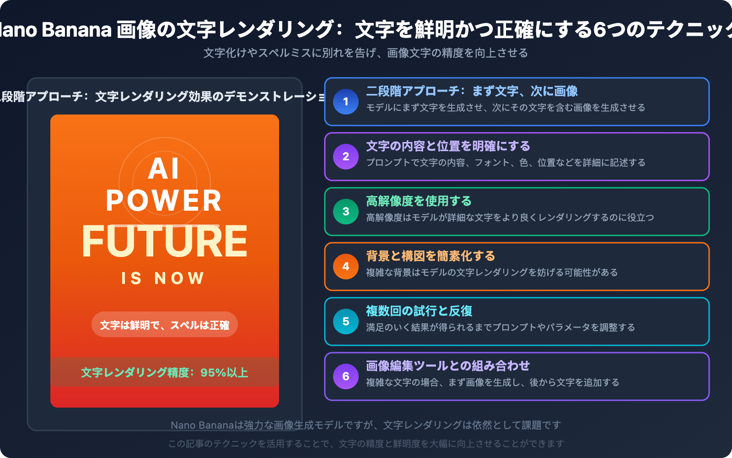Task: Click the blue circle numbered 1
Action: tap(346, 102)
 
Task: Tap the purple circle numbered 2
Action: tap(346, 157)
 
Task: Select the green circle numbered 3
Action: tap(346, 212)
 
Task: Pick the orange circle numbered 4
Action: tap(346, 267)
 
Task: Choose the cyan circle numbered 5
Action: tap(346, 322)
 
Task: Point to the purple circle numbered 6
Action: tap(346, 376)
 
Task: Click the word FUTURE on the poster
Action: tap(165, 241)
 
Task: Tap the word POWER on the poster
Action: tap(164, 201)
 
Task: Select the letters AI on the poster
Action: tap(164, 169)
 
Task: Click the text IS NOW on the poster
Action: tap(163, 278)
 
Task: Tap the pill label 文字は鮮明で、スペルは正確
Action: tap(165, 325)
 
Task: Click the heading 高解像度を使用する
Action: tap(419, 201)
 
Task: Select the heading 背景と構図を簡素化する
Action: tap(431, 256)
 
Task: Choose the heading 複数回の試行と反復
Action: tap(419, 311)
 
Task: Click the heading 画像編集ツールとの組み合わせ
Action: tap(448, 366)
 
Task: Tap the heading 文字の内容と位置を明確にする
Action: tap(448, 146)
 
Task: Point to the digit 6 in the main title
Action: tap(599, 30)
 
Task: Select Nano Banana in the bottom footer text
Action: tap(202, 425)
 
